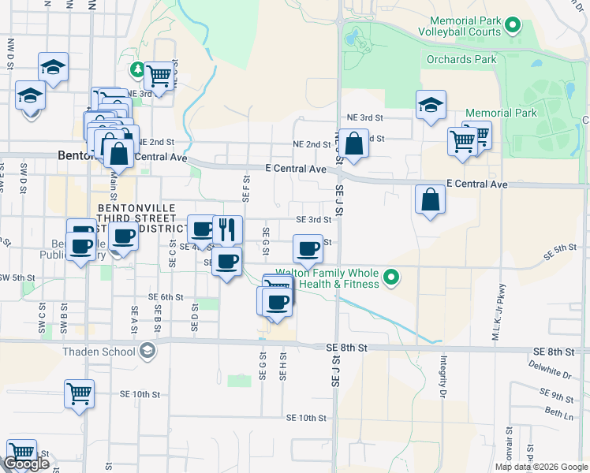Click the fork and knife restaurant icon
(x=227, y=229)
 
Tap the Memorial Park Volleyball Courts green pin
(x=513, y=26)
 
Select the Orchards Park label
(x=461, y=59)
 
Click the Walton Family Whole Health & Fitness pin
(x=390, y=277)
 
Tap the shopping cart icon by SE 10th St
(x=79, y=393)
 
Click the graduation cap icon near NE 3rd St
(x=431, y=105)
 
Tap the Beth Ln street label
(x=552, y=412)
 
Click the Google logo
(x=26, y=464)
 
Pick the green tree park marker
(x=138, y=70)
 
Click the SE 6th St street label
(x=166, y=297)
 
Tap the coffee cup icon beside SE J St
(x=308, y=248)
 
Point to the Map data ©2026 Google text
(x=540, y=467)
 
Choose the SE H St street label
(x=282, y=367)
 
